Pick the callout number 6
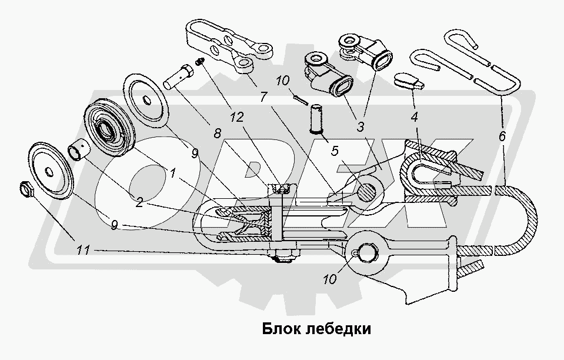(x=502, y=136)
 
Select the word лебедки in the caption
(x=338, y=328)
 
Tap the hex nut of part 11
(x=25, y=189)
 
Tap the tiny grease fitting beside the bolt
(x=199, y=61)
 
